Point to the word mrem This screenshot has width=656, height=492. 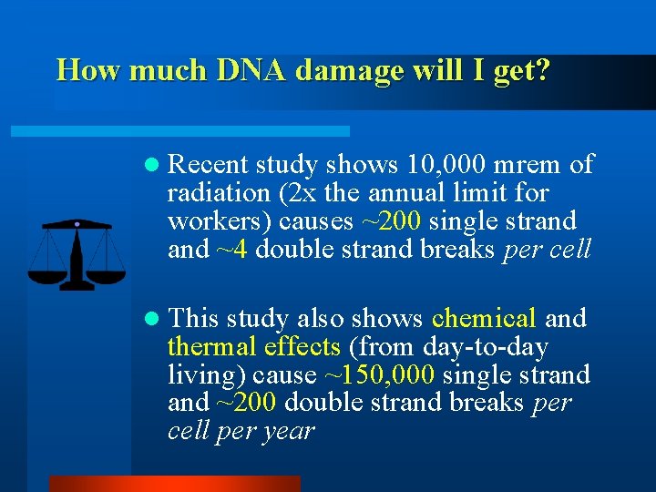click(530, 165)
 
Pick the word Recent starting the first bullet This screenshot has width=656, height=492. click(209, 165)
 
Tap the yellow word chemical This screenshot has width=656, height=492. click(484, 319)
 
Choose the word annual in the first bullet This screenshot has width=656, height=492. click(400, 193)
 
